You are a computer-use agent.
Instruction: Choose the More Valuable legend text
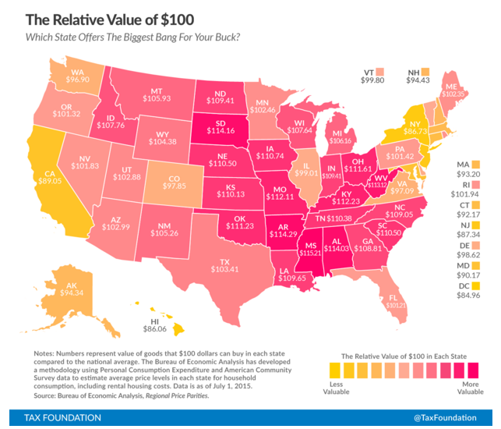pyautogui.click(x=467, y=387)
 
